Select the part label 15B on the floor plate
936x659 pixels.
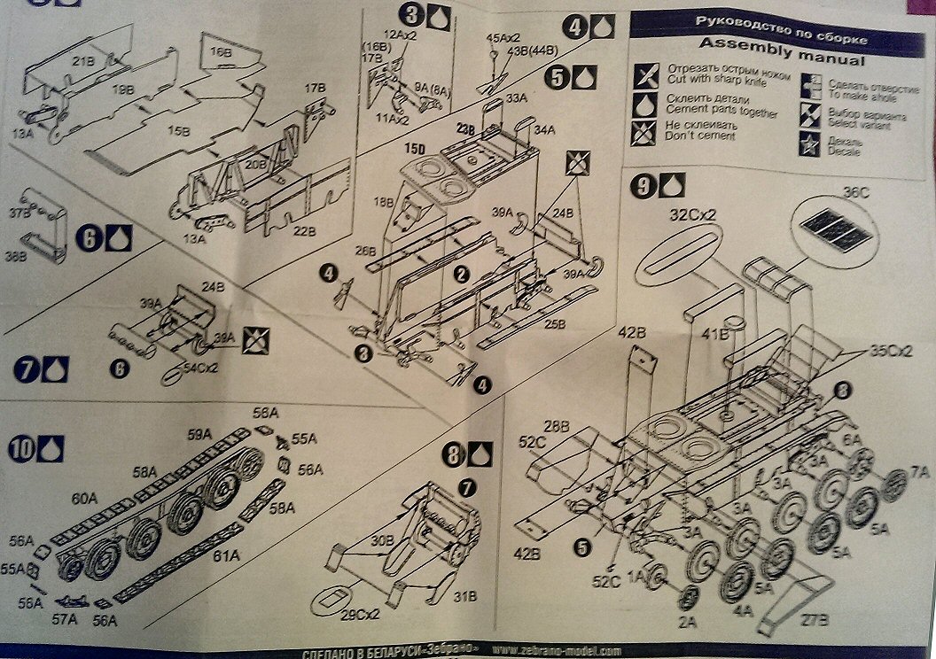[179, 131]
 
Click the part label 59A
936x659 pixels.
[199, 434]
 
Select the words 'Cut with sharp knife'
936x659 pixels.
[714, 80]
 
